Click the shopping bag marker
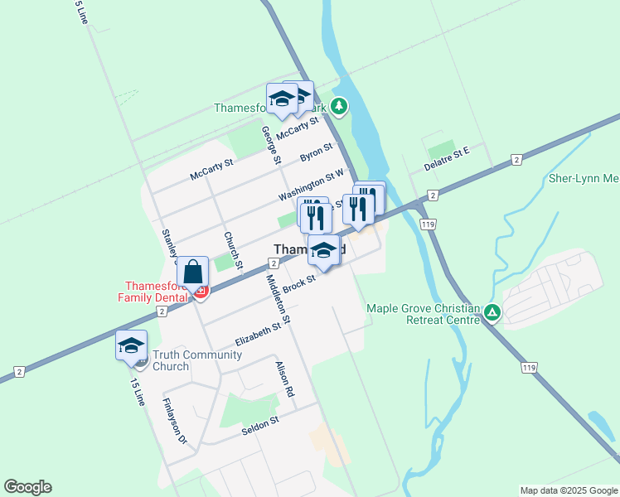pyautogui.click(x=192, y=272)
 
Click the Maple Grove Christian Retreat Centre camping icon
pyautogui.click(x=492, y=312)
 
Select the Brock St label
pyautogui.click(x=299, y=283)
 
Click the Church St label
pyautogui.click(x=232, y=250)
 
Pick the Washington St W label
pyautogui.click(x=311, y=185)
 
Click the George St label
pyautogui.click(x=269, y=143)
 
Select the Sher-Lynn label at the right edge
pyautogui.click(x=584, y=178)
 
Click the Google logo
pyautogui.click(x=27, y=487)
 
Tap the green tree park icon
pyautogui.click(x=338, y=106)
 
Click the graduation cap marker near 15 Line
pyautogui.click(x=131, y=345)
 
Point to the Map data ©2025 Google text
pyautogui.click(x=568, y=490)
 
